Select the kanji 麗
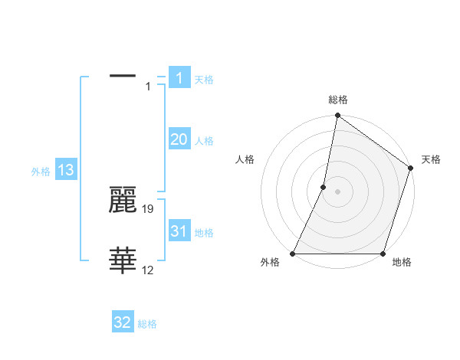(x=123, y=200)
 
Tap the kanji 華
(x=123, y=261)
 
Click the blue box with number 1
(x=179, y=77)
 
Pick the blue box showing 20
(x=179, y=139)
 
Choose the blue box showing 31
(x=179, y=231)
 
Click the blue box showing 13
(x=66, y=170)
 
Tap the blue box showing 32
(x=123, y=322)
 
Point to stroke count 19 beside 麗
(x=149, y=208)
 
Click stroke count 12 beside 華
(x=148, y=270)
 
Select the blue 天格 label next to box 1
(x=204, y=80)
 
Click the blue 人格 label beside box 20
(x=204, y=141)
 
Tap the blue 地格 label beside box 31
(x=204, y=233)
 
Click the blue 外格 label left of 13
(x=41, y=172)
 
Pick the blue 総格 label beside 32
(x=147, y=325)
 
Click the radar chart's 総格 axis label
(x=337, y=100)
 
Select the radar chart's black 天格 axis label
(x=432, y=159)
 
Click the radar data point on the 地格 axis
(x=383, y=254)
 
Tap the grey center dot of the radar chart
(x=337, y=191)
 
